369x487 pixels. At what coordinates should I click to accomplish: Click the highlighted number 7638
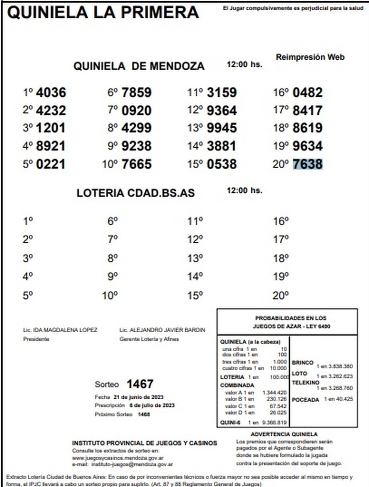pos(307,164)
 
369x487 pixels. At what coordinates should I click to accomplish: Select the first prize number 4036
pos(51,92)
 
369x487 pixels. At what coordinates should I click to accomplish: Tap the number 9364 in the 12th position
pos(222,110)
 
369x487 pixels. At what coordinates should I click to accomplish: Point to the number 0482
pos(307,92)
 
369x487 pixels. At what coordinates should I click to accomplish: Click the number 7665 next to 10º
pos(137,164)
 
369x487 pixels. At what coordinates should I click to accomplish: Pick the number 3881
pos(221,146)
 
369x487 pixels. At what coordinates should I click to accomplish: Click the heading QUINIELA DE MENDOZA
pos(139,66)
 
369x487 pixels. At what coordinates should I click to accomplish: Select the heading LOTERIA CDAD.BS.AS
pos(136,193)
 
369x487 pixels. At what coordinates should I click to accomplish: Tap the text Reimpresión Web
pos(310,57)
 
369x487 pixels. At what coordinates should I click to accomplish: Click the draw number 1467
pos(140,384)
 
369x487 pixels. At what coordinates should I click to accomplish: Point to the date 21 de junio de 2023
pos(138,397)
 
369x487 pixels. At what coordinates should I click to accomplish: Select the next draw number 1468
pos(144,414)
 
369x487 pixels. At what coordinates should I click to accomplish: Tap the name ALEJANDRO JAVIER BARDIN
pos(167,330)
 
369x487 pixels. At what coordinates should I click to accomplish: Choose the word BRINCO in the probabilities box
pos(303,363)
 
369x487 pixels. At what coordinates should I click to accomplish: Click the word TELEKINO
pos(305,383)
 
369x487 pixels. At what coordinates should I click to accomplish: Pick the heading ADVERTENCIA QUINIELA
pos(284,434)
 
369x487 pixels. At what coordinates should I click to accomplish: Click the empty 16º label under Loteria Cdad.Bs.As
pos(281,221)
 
